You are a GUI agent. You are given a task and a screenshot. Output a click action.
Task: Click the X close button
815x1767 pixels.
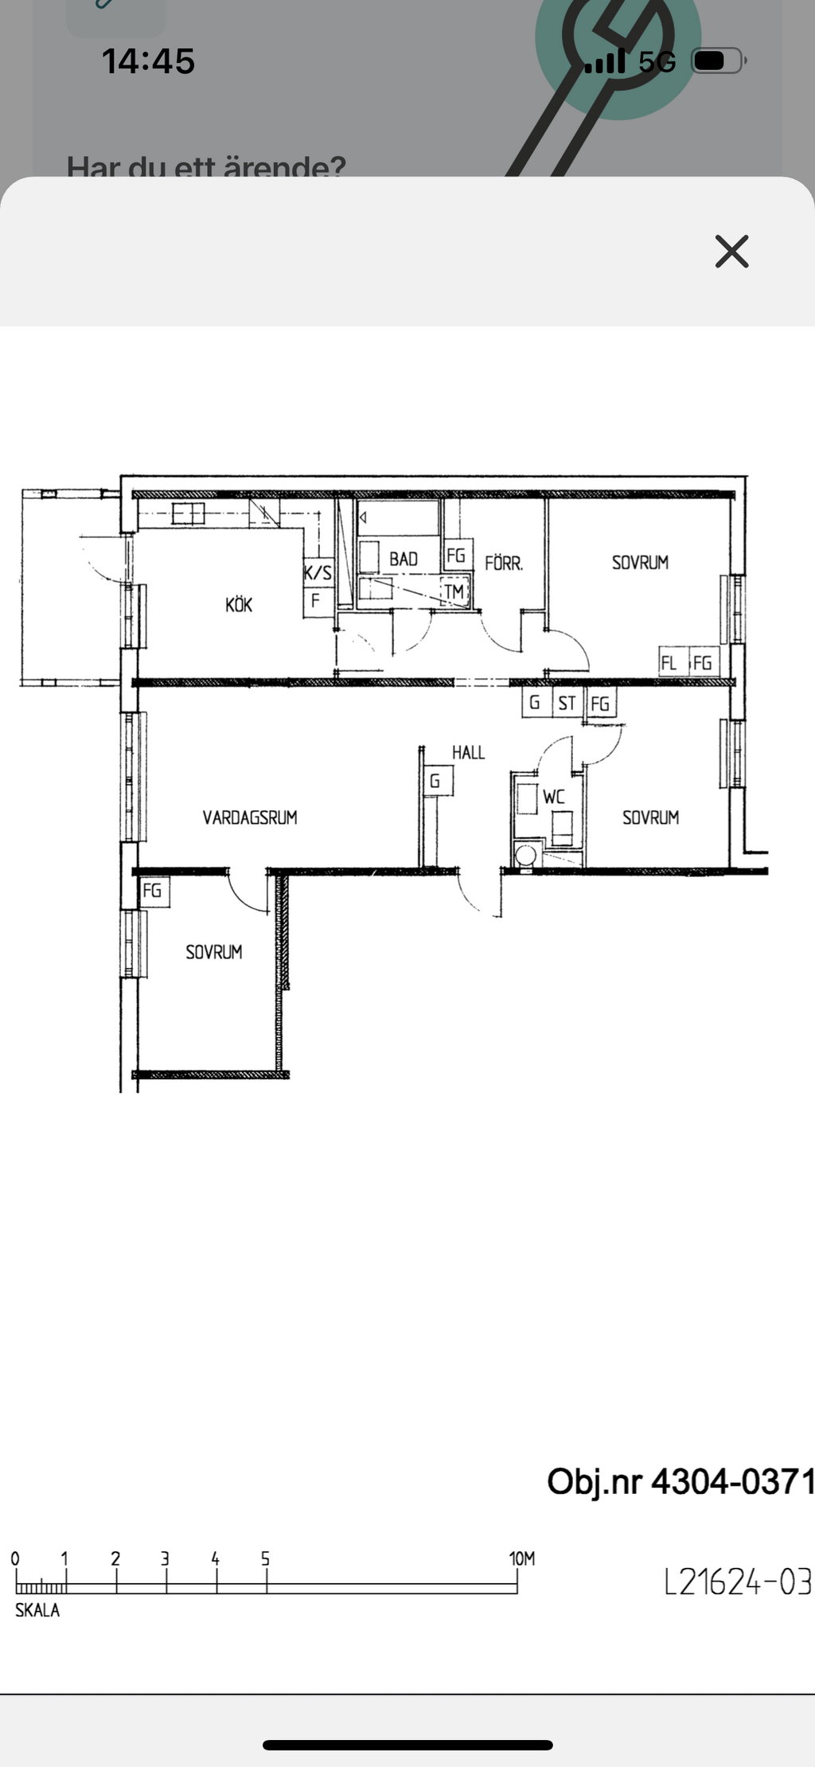[731, 252]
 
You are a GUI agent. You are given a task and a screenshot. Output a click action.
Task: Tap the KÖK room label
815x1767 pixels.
[239, 605]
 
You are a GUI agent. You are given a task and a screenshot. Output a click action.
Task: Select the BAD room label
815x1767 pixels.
[404, 560]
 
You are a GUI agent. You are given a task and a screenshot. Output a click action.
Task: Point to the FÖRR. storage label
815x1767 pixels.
[504, 564]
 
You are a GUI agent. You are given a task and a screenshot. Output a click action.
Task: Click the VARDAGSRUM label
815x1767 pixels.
[250, 817]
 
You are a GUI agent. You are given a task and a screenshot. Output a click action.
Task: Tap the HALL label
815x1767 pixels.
[468, 752]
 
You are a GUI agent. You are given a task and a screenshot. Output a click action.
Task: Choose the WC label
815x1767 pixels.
[554, 797]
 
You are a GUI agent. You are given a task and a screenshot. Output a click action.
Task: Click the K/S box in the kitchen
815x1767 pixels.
[318, 572]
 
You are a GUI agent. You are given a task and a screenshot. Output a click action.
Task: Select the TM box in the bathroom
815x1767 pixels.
[454, 592]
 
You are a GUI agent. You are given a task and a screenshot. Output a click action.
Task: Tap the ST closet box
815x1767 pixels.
[567, 704]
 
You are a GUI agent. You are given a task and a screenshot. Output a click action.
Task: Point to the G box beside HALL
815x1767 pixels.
[435, 781]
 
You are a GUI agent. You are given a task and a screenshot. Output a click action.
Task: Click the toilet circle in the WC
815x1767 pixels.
[524, 856]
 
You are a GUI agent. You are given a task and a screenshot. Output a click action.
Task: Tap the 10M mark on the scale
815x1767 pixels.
[522, 1559]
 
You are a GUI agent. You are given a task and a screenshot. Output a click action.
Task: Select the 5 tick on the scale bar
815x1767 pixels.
[266, 1559]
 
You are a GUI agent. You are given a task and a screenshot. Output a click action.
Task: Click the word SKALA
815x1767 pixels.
[37, 1610]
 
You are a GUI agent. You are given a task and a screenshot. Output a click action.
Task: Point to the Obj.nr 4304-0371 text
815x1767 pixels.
[680, 1482]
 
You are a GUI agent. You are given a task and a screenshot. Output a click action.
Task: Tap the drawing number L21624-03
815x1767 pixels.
[738, 1582]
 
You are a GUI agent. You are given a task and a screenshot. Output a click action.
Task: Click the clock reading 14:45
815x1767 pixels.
[148, 61]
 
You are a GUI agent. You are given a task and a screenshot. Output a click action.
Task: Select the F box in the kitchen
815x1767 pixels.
[317, 602]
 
